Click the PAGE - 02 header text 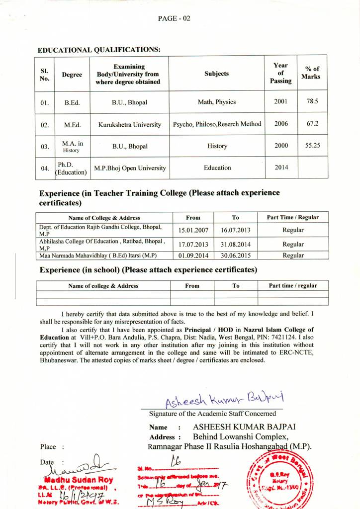[x=174, y=18]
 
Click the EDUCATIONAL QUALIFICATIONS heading [x=99, y=50]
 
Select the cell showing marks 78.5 [x=312, y=101]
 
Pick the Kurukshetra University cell [x=129, y=124]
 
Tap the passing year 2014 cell [x=281, y=168]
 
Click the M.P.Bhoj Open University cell [x=130, y=168]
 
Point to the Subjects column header [x=216, y=74]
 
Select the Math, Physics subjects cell [x=217, y=102]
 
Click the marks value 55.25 [x=312, y=146]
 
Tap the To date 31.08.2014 [x=235, y=245]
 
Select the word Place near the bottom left [x=48, y=447]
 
